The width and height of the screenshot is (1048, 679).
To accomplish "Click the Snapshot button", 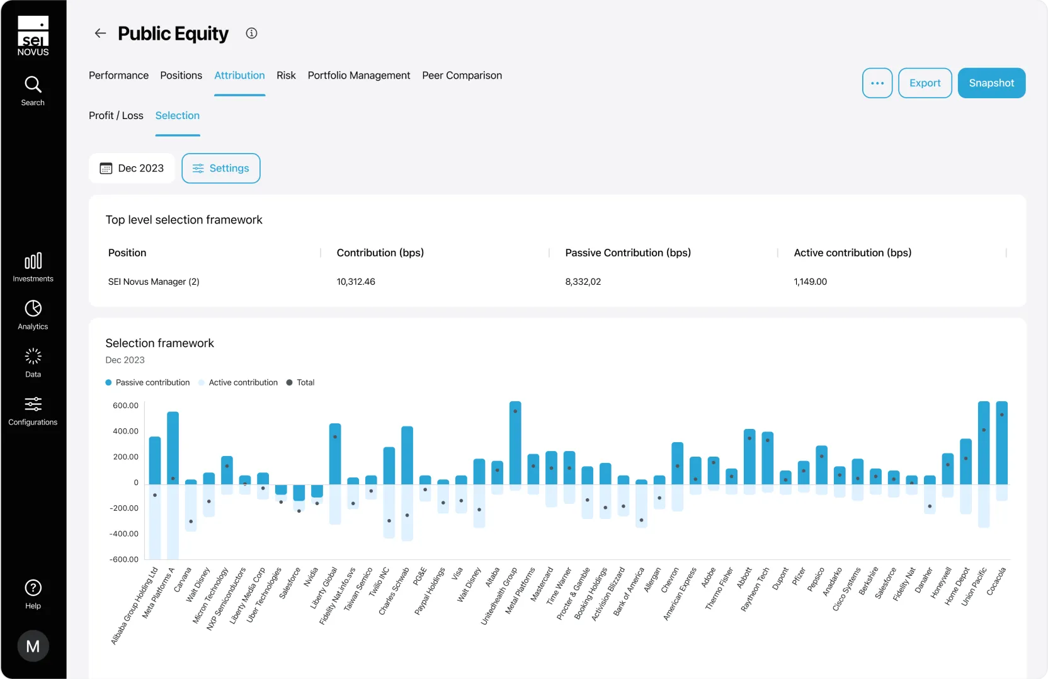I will tap(991, 83).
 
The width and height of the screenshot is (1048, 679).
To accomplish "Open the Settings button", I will tap(221, 168).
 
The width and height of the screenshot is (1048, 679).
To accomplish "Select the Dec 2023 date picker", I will tap(132, 168).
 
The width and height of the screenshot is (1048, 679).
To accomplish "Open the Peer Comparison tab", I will tap(462, 76).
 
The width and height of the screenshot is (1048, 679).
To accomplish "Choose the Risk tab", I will tap(286, 76).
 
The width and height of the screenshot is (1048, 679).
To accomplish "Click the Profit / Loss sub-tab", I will tap(116, 116).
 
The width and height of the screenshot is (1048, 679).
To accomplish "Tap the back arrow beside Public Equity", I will tap(100, 33).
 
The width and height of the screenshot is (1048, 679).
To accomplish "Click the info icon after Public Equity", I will tap(251, 33).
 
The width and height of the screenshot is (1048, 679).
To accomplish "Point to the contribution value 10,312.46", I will tap(356, 282).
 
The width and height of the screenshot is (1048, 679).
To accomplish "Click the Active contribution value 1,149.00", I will tap(810, 282).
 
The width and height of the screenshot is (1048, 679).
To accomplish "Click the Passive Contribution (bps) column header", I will tap(628, 253).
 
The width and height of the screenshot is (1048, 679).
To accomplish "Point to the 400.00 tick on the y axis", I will tap(125, 431).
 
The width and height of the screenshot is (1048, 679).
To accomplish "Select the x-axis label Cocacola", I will tap(996, 581).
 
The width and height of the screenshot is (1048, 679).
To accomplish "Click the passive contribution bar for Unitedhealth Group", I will tap(515, 444).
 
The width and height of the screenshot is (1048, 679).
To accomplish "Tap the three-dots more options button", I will tap(877, 83).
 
